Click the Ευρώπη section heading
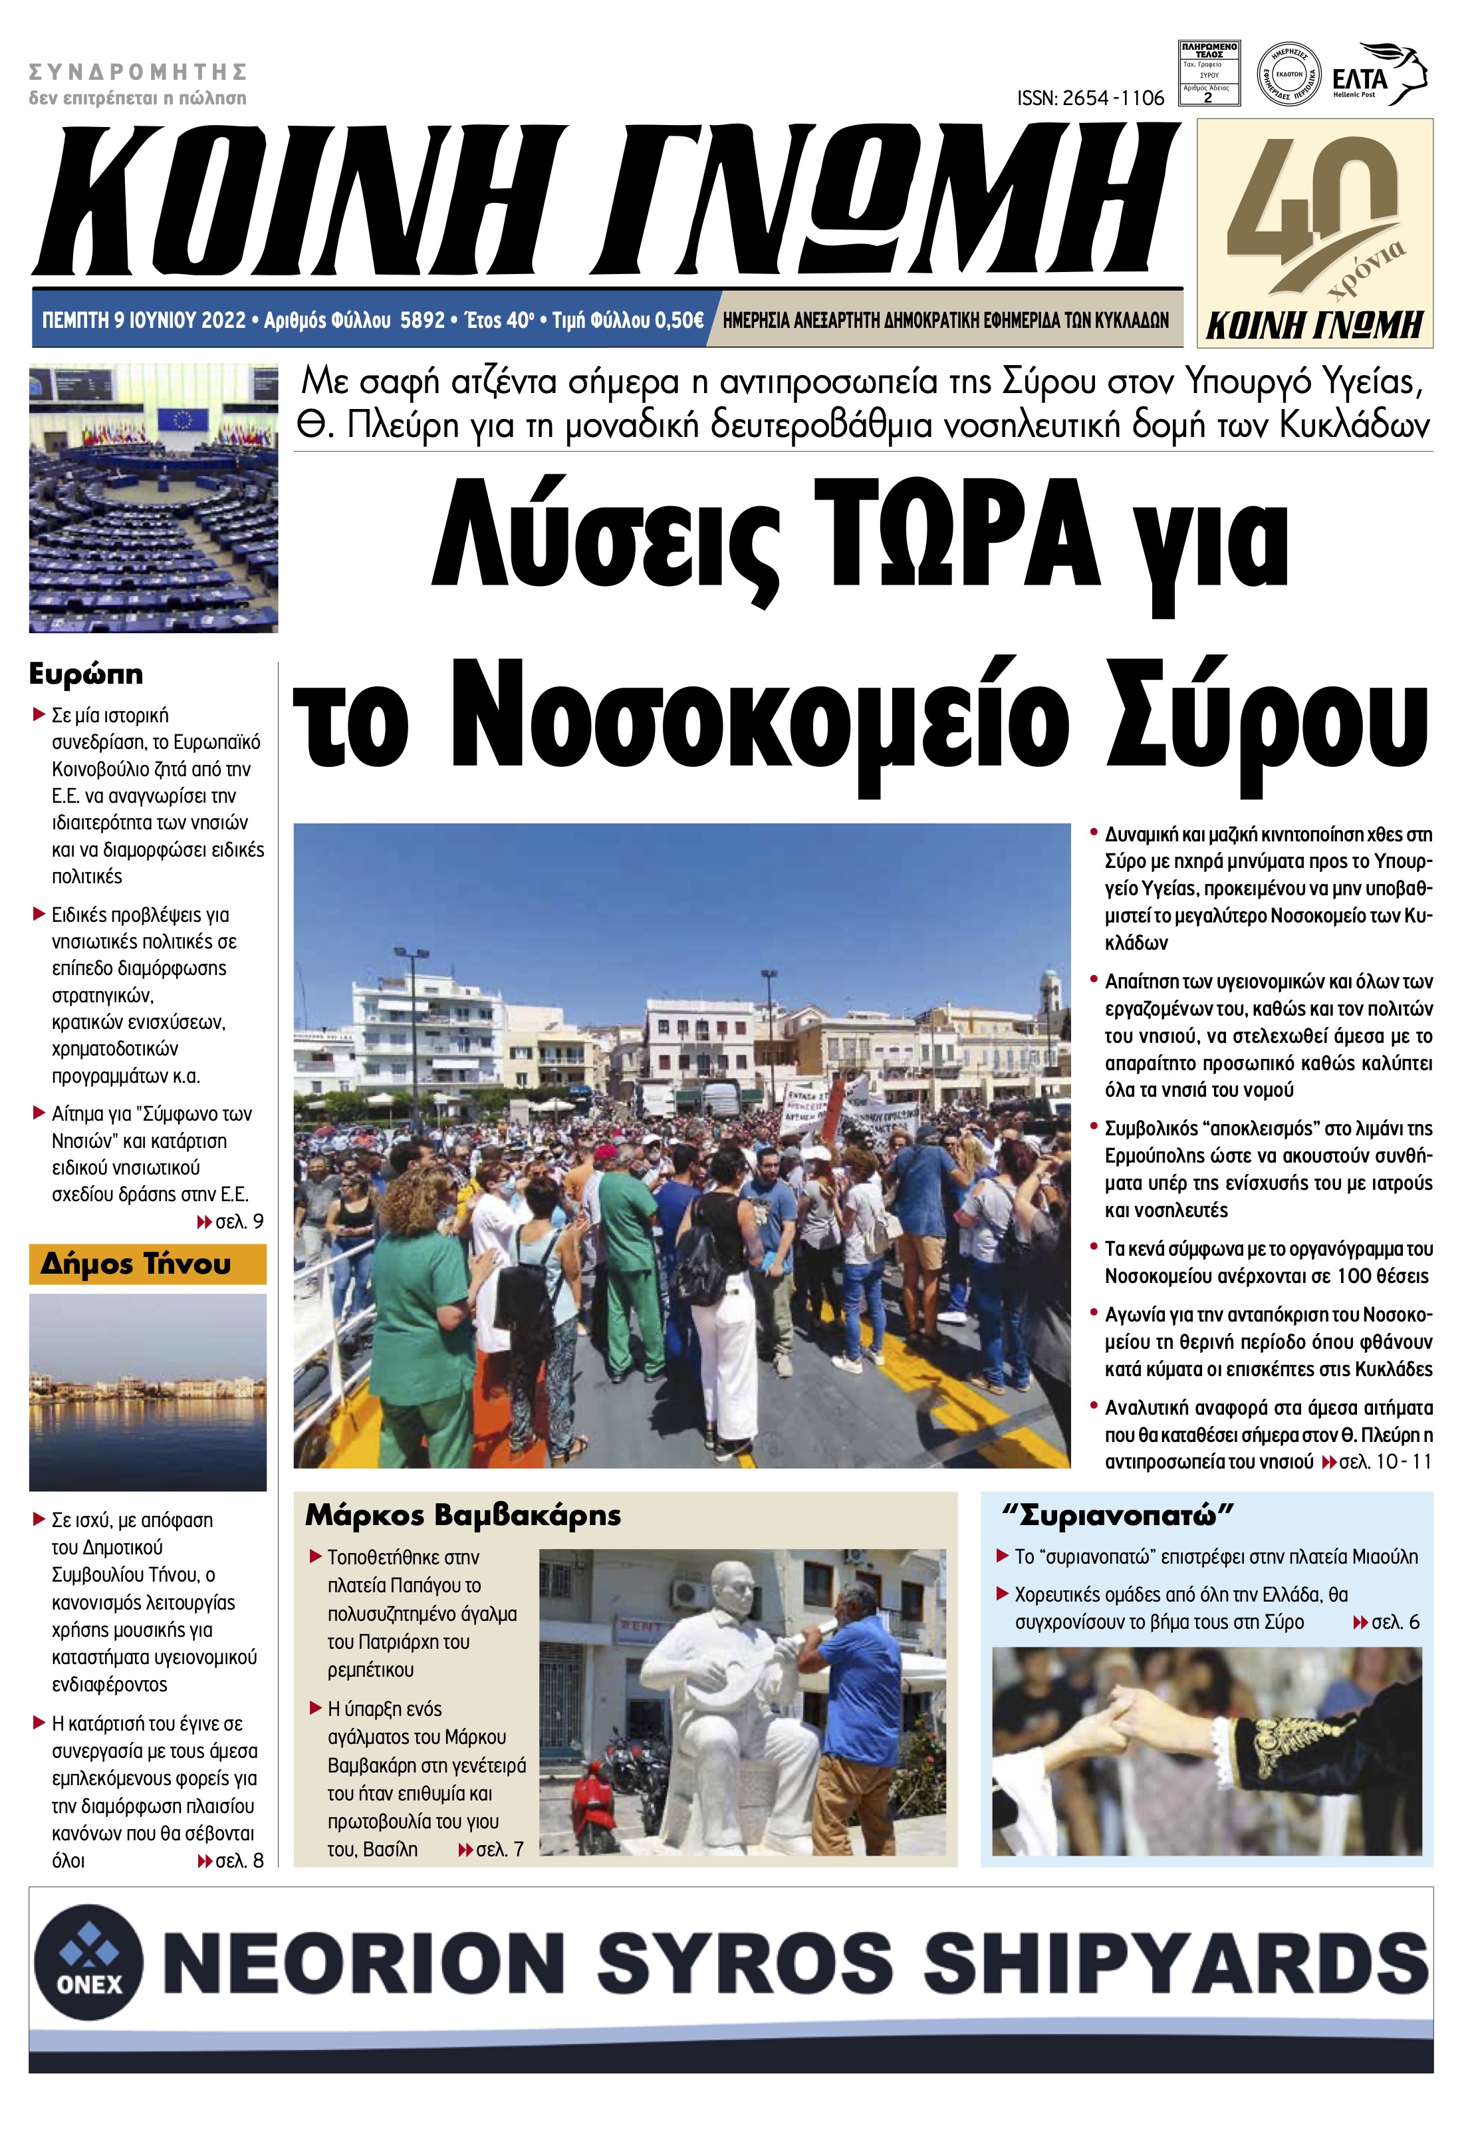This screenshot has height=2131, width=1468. point(86,674)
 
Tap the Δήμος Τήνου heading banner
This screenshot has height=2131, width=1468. point(147,1264)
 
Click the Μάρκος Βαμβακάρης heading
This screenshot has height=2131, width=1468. point(463,1515)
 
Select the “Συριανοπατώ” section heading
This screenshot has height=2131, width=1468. point(1117,1514)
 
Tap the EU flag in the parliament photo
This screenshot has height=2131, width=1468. point(182,420)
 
